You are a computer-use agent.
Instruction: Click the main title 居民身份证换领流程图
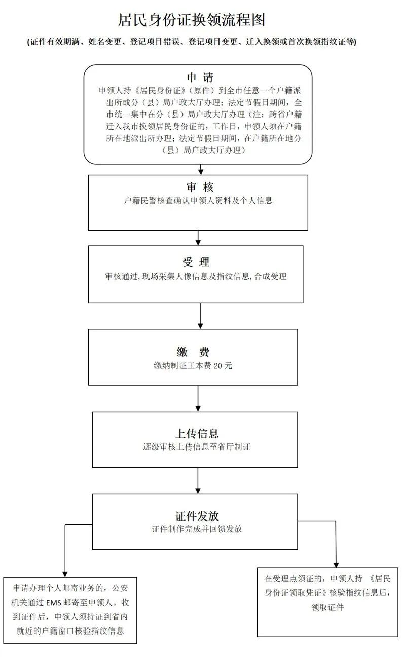(192, 20)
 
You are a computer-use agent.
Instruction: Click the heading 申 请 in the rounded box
(200, 78)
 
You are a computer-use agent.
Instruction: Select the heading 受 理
(196, 263)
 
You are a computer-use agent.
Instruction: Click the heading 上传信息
(197, 434)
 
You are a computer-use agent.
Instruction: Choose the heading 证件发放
(197, 516)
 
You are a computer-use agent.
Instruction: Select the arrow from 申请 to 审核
(201, 169)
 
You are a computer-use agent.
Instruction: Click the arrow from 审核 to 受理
(198, 238)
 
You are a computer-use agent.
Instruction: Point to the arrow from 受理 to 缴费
(201, 316)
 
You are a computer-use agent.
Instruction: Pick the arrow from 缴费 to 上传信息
(198, 398)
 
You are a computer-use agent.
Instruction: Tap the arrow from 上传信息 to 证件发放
(198, 480)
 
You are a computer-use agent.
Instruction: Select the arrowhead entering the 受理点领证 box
(336, 564)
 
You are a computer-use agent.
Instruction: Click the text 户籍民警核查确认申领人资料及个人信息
(198, 201)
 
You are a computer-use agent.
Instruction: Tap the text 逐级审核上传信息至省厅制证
(197, 448)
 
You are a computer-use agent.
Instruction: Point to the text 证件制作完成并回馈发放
(197, 529)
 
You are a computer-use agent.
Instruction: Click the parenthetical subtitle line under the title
(192, 42)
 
